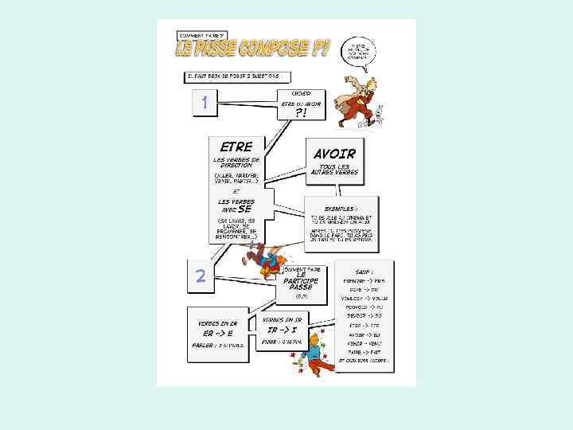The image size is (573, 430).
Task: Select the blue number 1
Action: pos(205,103)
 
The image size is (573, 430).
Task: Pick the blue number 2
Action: pos(201,276)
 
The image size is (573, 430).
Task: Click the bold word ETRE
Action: pos(236,147)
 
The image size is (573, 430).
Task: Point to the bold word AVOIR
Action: pos(334,153)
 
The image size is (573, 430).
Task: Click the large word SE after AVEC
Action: pos(255,209)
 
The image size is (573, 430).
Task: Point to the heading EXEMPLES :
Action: pos(341,208)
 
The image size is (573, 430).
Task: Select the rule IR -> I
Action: pos(283,329)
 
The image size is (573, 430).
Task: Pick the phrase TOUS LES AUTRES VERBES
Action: pos(334,170)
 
